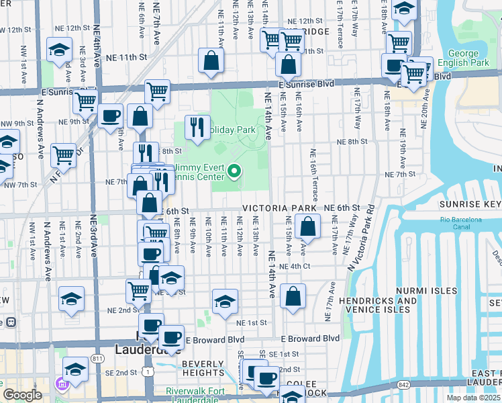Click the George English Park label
463,59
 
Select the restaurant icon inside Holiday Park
197,128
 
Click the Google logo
22,395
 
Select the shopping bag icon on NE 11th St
211,61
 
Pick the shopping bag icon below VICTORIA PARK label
307,227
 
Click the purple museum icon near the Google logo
62,385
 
